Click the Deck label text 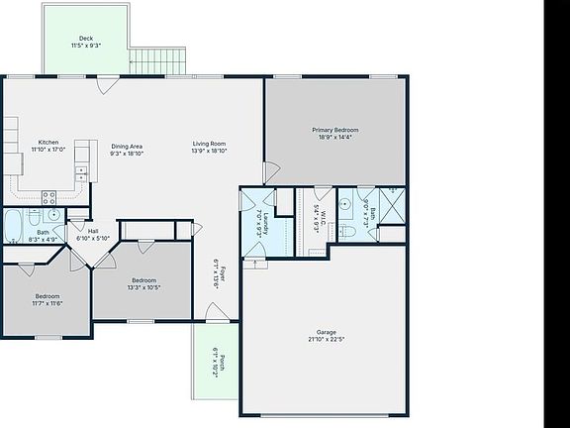tap(86, 39)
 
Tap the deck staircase tap(157, 60)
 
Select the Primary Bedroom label tap(334, 130)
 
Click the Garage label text tap(327, 332)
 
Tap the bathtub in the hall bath tap(16, 226)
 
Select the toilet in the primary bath tap(346, 231)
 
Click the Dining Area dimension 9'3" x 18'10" tap(127, 154)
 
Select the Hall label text tap(92, 231)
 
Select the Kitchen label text tap(48, 142)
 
